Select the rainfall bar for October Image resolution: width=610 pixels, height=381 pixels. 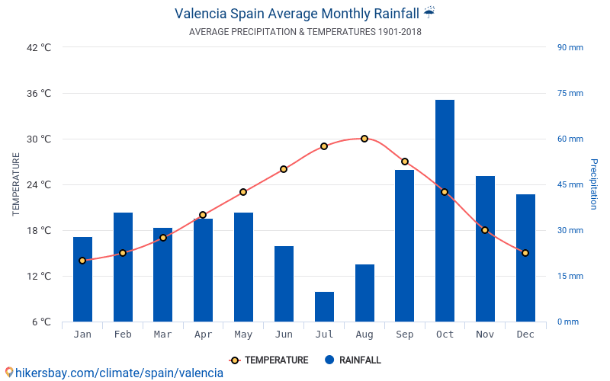(445, 211)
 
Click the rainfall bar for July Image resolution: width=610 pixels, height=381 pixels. (324, 306)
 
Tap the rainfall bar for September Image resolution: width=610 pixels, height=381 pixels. (404, 245)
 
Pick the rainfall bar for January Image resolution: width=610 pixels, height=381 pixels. (82, 279)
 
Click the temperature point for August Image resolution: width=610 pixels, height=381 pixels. (364, 139)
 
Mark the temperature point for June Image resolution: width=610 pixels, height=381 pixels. (284, 169)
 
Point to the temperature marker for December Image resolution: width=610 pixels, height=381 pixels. (525, 253)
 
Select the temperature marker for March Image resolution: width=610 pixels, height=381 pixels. (163, 238)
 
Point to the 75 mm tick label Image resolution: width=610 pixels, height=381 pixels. (570, 93)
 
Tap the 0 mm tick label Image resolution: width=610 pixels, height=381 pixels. (567, 322)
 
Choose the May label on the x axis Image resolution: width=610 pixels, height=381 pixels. (243, 335)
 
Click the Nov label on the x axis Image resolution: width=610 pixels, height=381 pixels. (485, 335)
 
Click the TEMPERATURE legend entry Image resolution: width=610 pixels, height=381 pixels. (269, 360)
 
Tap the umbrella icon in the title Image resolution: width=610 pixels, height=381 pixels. (429, 12)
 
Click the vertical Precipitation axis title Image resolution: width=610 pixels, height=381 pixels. (593, 184)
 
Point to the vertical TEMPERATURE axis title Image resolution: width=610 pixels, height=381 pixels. (16, 184)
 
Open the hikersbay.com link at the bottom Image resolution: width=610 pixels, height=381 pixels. (114, 373)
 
